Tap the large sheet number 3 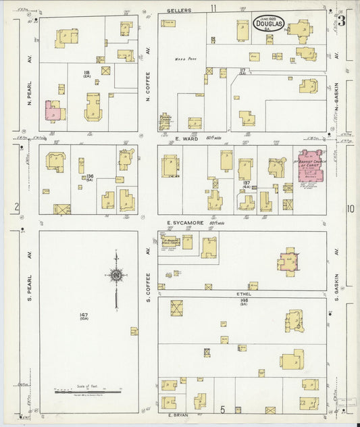(x=342, y=21)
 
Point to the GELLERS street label (x=180, y=10)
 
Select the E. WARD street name (x=185, y=139)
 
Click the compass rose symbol (x=116, y=275)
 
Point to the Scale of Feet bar (x=88, y=391)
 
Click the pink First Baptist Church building (x=311, y=166)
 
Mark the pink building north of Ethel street (x=288, y=261)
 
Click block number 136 (x=88, y=178)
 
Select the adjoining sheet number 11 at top (x=213, y=8)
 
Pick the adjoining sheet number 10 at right (x=350, y=209)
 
